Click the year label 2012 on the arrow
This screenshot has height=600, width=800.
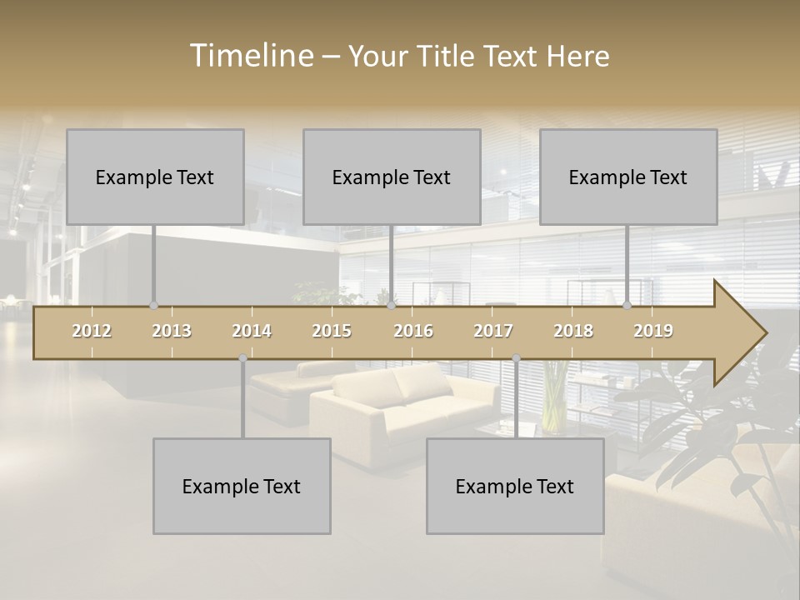tap(92, 332)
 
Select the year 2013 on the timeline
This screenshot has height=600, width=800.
tap(172, 332)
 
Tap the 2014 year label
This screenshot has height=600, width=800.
tap(252, 332)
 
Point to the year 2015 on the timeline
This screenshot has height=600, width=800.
tap(332, 332)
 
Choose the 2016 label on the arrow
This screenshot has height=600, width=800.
tap(413, 332)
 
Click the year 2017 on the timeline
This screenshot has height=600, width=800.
tap(493, 332)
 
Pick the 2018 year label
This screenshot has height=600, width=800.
tap(573, 332)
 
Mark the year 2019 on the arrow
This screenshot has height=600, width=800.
tap(653, 332)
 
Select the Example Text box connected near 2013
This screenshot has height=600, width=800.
tap(155, 177)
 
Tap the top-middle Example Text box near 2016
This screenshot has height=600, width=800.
tap(392, 177)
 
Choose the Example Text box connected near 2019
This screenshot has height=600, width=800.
tap(628, 177)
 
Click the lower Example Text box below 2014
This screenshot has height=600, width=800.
tap(242, 486)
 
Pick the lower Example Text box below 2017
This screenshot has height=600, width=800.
tap(515, 486)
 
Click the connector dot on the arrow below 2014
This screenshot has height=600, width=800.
tap(242, 358)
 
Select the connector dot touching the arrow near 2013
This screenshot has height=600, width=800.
tap(153, 306)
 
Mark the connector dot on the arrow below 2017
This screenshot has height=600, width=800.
tap(516, 358)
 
